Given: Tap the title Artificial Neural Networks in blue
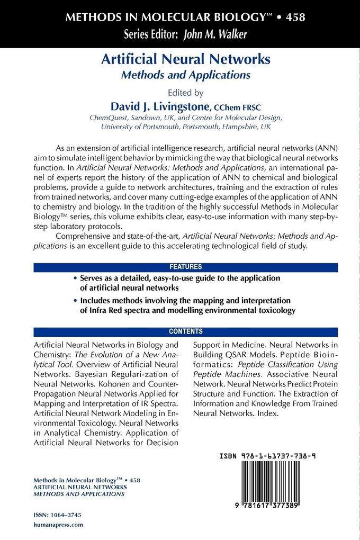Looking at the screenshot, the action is point(186,59).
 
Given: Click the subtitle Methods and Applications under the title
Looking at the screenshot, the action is point(186,75).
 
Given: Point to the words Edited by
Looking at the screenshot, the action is point(184,91).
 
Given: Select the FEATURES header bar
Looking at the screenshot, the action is point(185,267).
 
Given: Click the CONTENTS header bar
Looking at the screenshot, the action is point(185,332).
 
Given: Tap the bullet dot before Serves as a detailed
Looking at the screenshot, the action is point(75,278).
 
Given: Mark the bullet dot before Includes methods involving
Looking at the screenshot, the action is point(75,300).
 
